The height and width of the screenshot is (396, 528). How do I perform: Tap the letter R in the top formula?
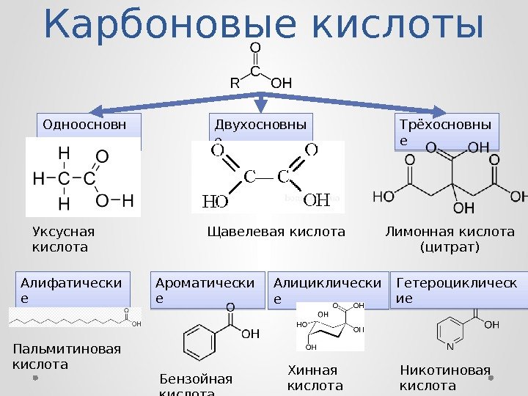(235, 84)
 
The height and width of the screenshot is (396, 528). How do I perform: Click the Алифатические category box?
(73, 290)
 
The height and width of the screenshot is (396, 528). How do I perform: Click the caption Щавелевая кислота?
(276, 232)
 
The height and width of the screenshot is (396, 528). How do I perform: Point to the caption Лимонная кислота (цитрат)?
(450, 239)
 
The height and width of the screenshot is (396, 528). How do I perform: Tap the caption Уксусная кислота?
(63, 239)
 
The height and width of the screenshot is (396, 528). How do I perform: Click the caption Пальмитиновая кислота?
(67, 356)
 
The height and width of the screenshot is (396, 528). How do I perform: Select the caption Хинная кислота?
(315, 377)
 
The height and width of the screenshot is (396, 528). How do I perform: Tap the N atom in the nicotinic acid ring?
(449, 347)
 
